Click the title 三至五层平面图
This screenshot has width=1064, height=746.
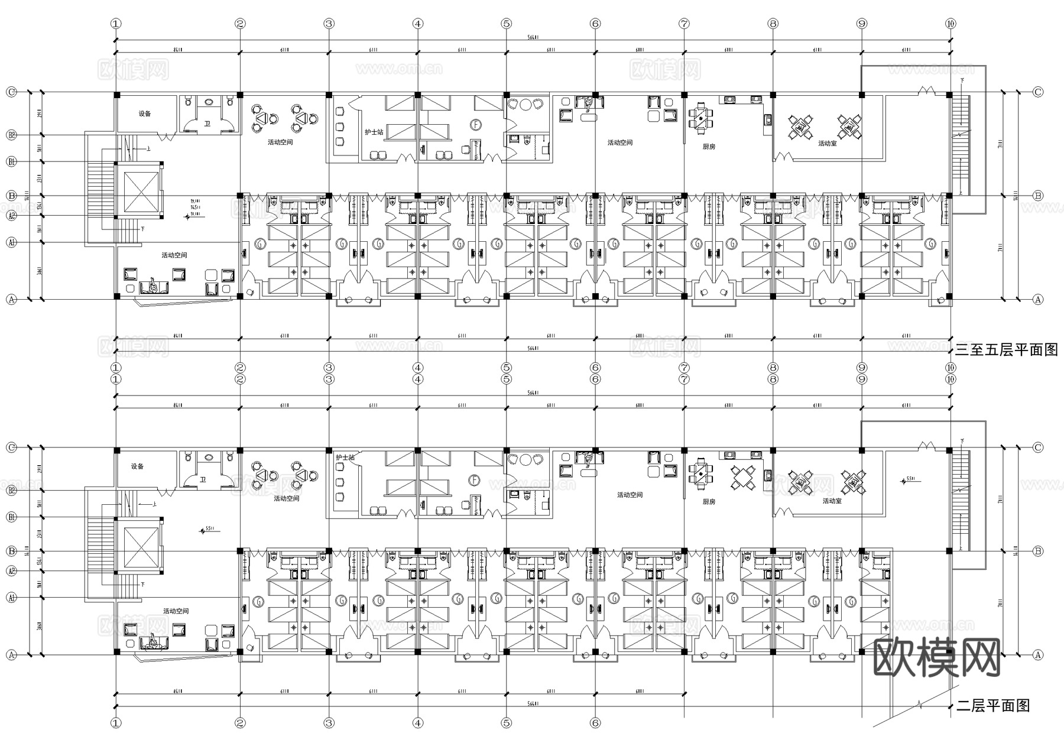tap(1006, 350)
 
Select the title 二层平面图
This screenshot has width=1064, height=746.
tap(993, 705)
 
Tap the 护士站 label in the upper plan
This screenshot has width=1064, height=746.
tap(374, 132)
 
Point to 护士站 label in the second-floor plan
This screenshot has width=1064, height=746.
tap(345, 458)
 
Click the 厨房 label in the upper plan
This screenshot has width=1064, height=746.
tap(709, 147)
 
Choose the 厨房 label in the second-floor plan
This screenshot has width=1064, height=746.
tap(709, 501)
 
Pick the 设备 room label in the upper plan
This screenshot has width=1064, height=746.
tap(145, 113)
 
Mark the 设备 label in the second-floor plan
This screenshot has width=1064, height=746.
tap(138, 466)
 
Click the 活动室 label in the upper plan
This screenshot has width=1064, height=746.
tap(827, 144)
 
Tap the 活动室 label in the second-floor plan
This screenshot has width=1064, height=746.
tap(832, 501)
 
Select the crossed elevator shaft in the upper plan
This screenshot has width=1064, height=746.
tap(141, 192)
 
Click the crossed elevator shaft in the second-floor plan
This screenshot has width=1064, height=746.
tap(141, 547)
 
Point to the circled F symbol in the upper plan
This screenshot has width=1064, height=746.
tap(476, 125)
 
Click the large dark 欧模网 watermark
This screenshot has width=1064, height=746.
tap(937, 657)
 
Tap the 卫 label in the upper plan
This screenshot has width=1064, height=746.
tap(207, 124)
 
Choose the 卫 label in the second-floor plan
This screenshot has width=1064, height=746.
tap(202, 479)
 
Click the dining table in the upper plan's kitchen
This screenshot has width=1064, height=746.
tap(700, 118)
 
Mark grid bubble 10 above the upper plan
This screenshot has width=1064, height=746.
tap(950, 24)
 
